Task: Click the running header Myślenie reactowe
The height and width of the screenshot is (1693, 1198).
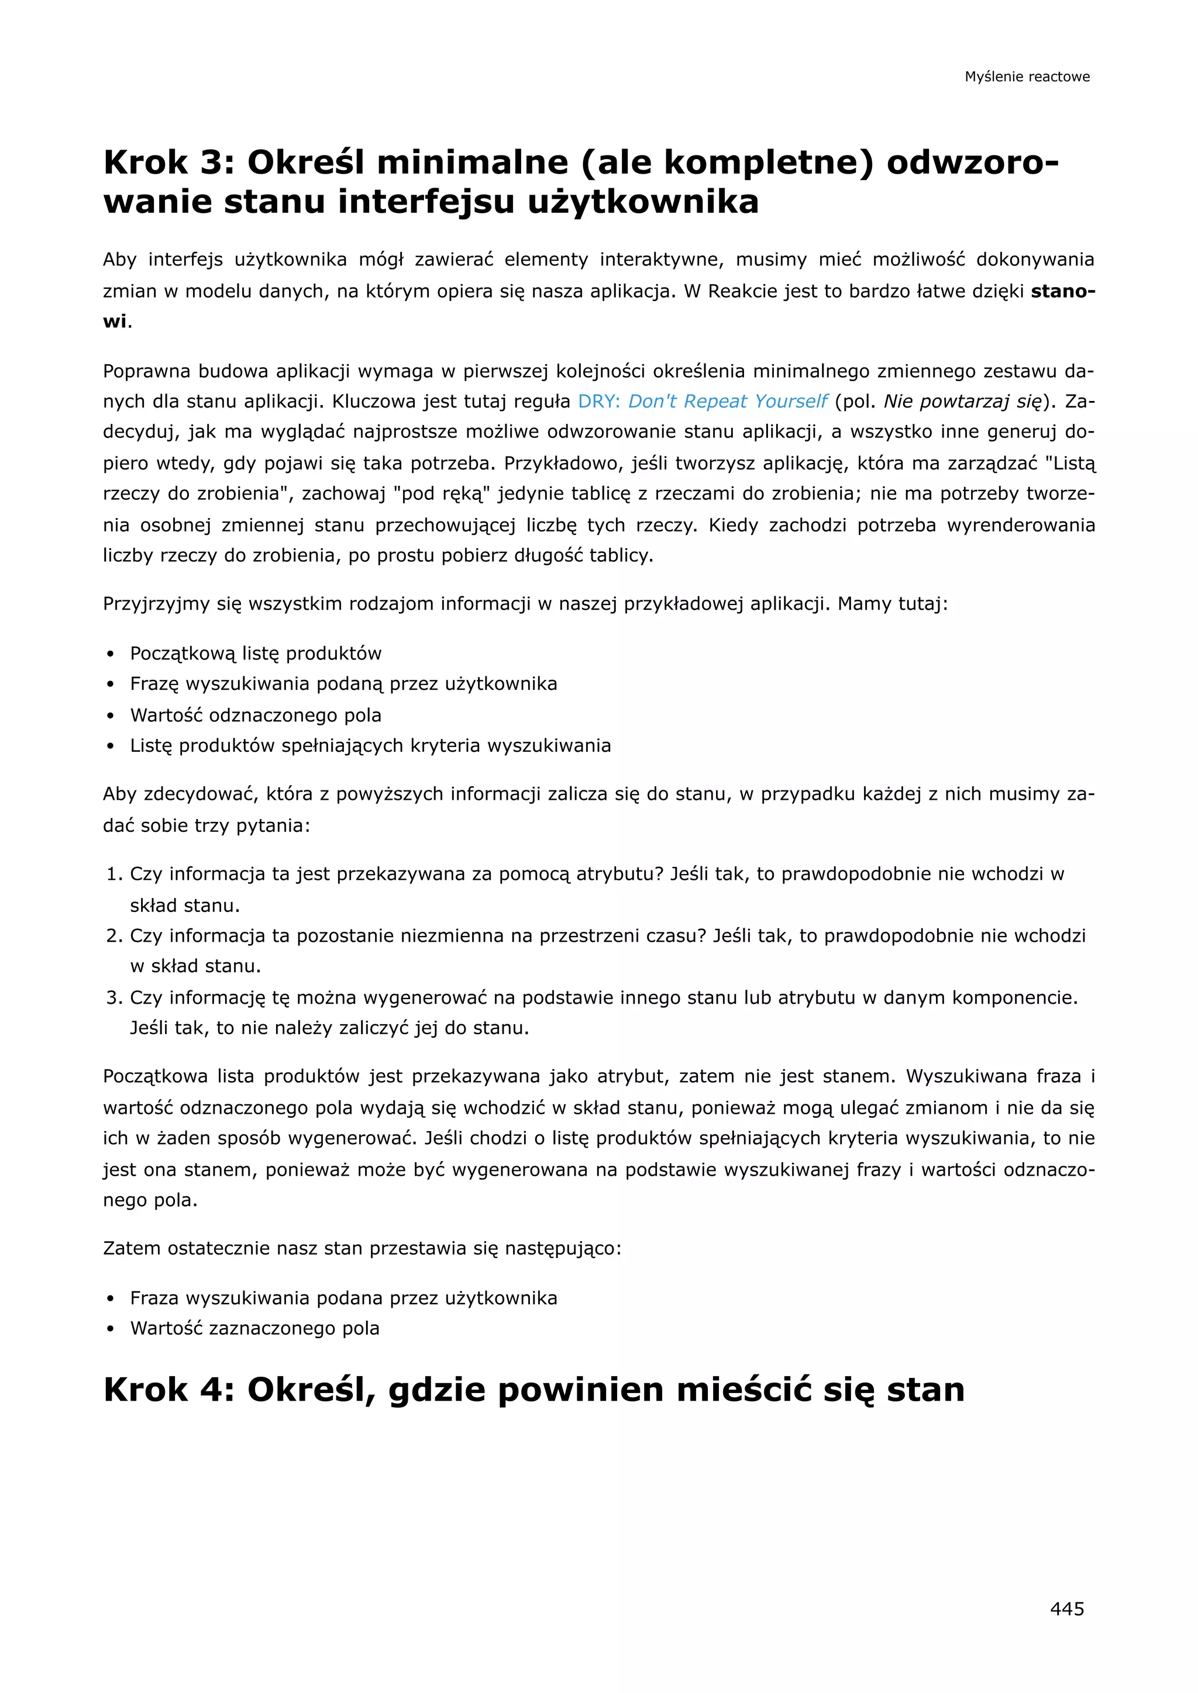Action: coord(1027,77)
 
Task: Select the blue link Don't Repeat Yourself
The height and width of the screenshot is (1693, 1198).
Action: coord(727,401)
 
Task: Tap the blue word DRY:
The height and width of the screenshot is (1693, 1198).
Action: coord(599,401)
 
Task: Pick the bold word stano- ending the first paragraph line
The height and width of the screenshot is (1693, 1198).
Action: coord(1062,291)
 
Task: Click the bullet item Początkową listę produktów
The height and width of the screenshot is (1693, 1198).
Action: coord(255,654)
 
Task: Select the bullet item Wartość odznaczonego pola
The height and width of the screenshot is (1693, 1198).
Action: coord(255,715)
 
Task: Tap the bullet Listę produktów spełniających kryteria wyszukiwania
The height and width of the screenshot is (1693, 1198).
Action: coord(370,745)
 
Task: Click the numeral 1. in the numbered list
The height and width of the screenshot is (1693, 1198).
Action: coord(113,874)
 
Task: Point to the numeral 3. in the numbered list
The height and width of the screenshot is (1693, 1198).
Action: coord(113,998)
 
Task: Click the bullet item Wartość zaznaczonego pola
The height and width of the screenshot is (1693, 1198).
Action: coord(254,1328)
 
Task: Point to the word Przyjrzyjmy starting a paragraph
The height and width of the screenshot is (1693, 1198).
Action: coord(156,604)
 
